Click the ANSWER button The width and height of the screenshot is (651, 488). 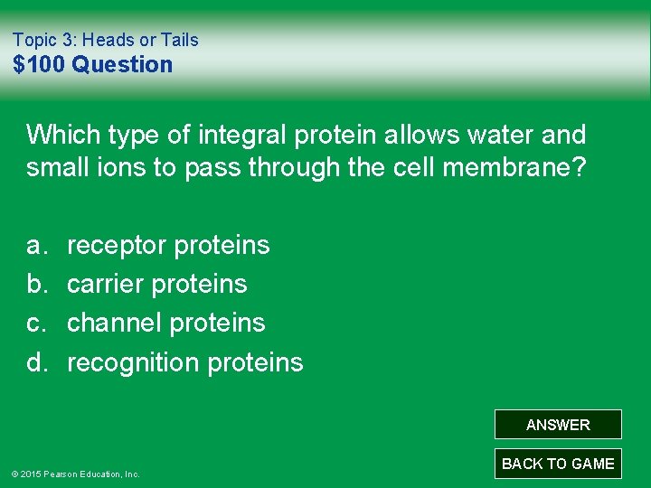[x=558, y=425]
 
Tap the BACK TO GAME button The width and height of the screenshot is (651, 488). [x=558, y=464]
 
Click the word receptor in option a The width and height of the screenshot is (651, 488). [x=117, y=245]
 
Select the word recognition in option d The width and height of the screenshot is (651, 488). [x=134, y=362]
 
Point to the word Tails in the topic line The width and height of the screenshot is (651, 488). [x=179, y=40]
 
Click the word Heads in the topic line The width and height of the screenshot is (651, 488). [x=108, y=40]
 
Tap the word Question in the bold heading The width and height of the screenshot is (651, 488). [x=122, y=64]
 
